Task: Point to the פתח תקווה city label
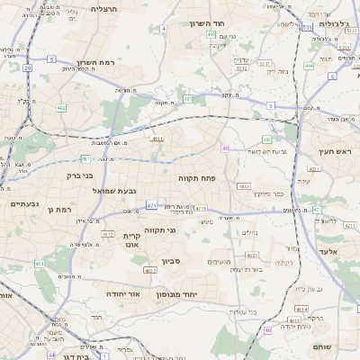[x=194, y=178]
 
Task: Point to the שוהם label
[x=322, y=346]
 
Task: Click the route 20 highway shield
[x=28, y=67]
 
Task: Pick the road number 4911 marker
[x=157, y=138]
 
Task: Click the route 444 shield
[x=309, y=66]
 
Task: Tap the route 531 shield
[x=307, y=28]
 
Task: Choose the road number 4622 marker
[x=150, y=269]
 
